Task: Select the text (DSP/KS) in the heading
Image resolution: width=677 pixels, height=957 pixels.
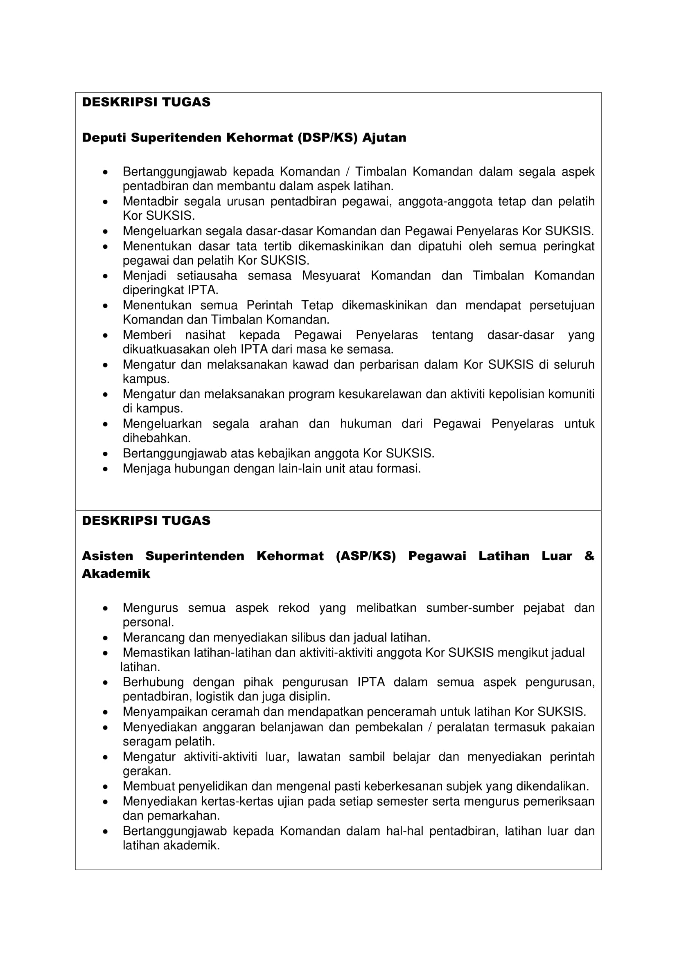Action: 327,137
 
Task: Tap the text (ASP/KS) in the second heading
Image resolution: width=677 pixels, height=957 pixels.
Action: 366,556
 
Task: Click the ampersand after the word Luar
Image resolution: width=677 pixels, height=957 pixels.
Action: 589,556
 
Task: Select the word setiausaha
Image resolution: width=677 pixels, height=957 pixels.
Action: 207,275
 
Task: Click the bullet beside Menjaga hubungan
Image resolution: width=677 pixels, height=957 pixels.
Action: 106,469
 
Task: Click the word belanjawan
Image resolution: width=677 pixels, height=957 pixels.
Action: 293,727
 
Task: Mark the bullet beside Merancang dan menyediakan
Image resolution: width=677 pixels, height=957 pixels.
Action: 106,638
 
